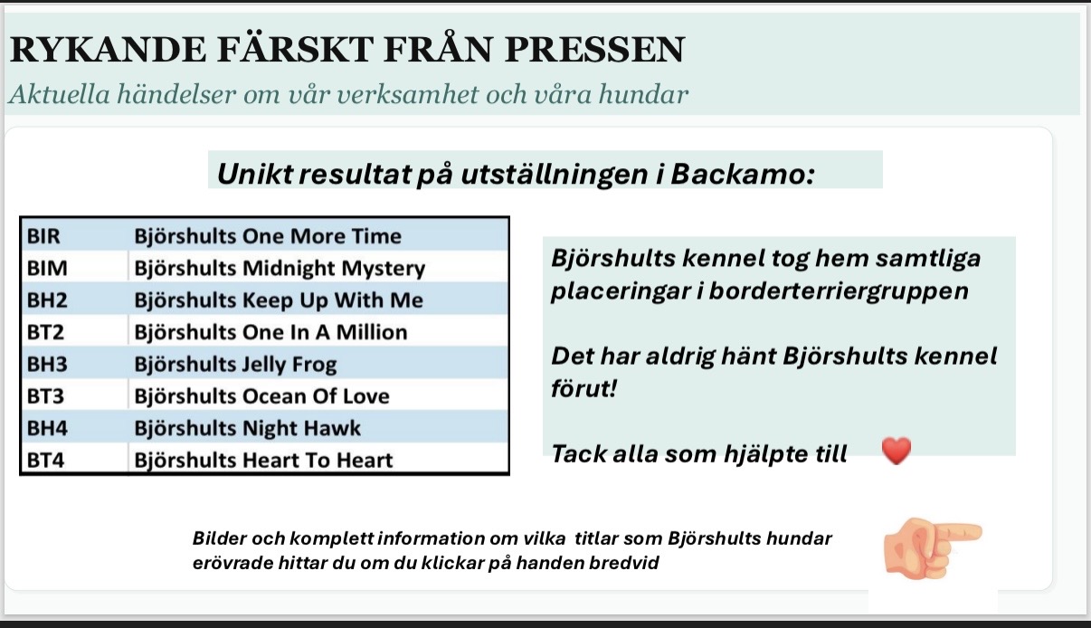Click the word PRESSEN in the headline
[594, 49]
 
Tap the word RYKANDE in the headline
[108, 49]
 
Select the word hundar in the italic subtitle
[643, 93]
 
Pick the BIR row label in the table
[43, 236]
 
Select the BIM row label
[47, 269]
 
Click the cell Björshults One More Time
[268, 236]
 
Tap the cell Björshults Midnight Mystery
[280, 269]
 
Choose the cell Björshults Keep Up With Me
[279, 300]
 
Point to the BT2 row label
[45, 332]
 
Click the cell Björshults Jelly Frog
[235, 365]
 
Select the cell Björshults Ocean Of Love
[261, 396]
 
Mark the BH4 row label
[47, 428]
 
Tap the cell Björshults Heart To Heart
[263, 461]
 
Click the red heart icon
[897, 451]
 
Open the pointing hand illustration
[932, 549]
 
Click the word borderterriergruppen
[839, 291]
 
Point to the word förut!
[583, 388]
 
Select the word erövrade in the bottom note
[232, 563]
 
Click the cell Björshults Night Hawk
[248, 429]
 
